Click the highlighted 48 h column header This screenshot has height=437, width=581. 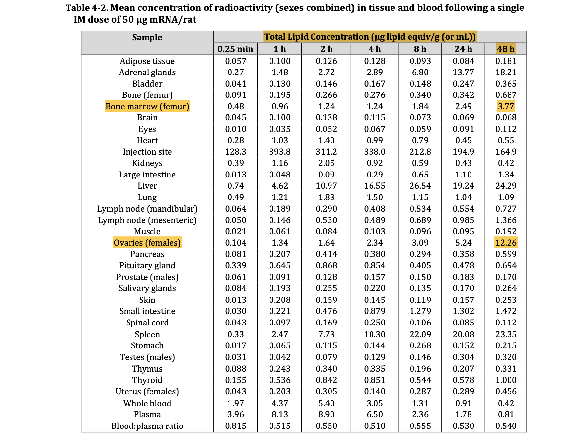506,49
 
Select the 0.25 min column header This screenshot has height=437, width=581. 235,49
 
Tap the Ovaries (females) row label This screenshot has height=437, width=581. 147,243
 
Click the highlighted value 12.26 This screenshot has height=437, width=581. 506,243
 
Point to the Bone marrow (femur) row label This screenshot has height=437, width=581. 147,106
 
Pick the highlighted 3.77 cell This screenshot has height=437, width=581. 506,106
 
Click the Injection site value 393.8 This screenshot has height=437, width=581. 280,152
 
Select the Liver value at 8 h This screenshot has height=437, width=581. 420,186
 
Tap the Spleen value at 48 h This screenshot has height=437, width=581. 506,334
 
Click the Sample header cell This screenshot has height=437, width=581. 147,37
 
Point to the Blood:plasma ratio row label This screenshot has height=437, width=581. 147,426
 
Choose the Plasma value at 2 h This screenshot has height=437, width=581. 326,414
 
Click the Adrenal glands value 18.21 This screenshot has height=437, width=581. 506,72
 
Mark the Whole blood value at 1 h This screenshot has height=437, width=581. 280,403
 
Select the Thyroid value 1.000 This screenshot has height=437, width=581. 506,380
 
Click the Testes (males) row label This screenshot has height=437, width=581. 147,357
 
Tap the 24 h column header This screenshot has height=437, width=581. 463,49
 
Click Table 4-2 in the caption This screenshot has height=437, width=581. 87,8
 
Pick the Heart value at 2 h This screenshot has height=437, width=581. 326,140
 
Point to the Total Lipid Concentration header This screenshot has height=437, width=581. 370,37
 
